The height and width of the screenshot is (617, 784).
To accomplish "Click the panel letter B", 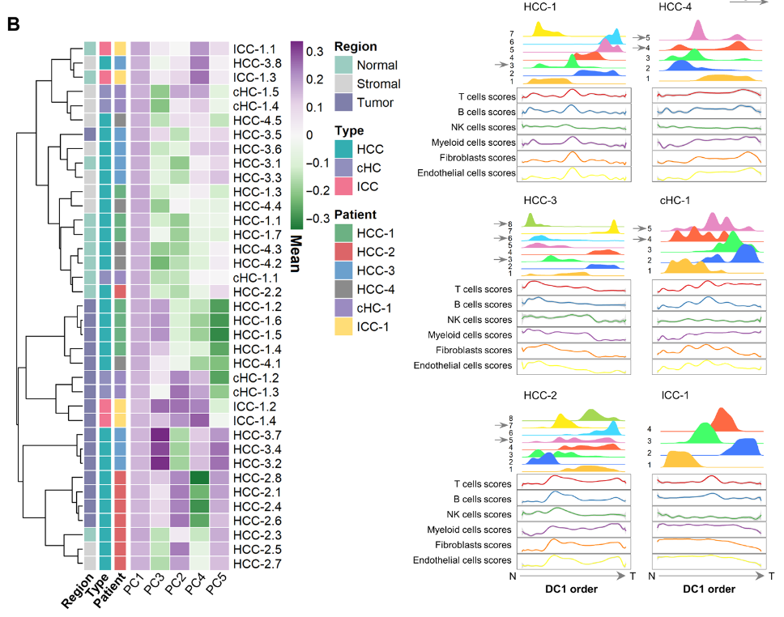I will click(13, 23).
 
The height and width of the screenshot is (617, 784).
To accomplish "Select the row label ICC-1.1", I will click(255, 49).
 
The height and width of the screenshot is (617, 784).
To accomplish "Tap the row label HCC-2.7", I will click(257, 563).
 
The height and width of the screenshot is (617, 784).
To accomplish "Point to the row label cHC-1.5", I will click(256, 91).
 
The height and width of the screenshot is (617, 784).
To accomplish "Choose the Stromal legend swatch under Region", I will click(344, 83).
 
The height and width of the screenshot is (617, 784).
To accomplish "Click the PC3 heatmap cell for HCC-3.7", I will click(160, 435).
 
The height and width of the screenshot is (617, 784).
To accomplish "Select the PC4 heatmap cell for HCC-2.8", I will click(199, 477).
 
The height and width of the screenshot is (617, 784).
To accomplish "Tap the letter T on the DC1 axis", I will click(633, 575).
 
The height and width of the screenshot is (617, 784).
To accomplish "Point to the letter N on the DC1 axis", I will click(512, 575).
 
